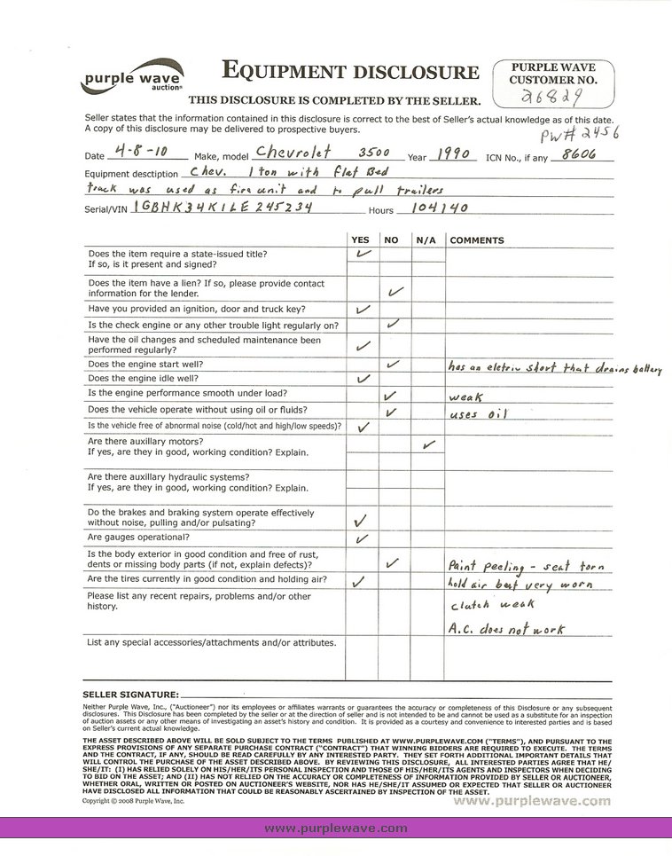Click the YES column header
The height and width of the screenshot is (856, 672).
(360, 240)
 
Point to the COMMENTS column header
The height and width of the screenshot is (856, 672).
(477, 240)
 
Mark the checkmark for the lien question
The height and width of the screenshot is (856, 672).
(395, 291)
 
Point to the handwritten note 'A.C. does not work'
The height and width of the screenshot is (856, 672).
(506, 630)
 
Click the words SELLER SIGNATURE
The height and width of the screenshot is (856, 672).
(131, 695)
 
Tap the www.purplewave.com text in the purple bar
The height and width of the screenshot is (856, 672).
(335, 828)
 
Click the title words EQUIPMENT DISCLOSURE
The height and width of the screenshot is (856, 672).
(349, 72)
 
